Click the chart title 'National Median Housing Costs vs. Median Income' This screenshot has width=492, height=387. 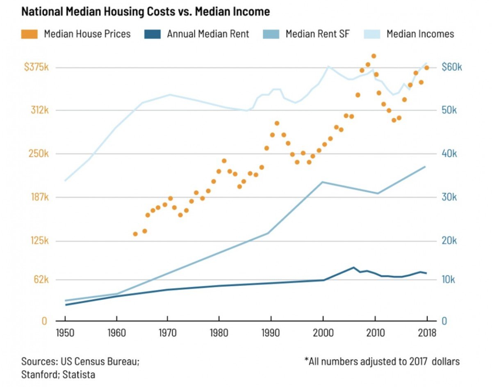[146, 12]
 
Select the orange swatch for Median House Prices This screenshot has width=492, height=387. [30, 34]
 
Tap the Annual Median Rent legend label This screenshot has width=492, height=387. [208, 34]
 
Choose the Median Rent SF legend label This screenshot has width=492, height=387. [317, 34]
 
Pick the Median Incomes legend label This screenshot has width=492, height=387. [420, 34]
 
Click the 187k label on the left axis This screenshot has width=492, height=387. [40, 197]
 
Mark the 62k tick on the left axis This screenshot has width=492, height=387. [41, 279]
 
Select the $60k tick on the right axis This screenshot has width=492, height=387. [451, 67]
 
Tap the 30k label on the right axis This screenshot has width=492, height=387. [449, 197]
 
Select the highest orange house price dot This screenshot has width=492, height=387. [374, 56]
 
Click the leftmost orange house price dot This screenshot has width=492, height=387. [135, 234]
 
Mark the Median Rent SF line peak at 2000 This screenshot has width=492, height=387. [323, 182]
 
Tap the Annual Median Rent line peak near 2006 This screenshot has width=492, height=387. [354, 268]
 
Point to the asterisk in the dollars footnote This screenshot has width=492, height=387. [306, 361]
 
